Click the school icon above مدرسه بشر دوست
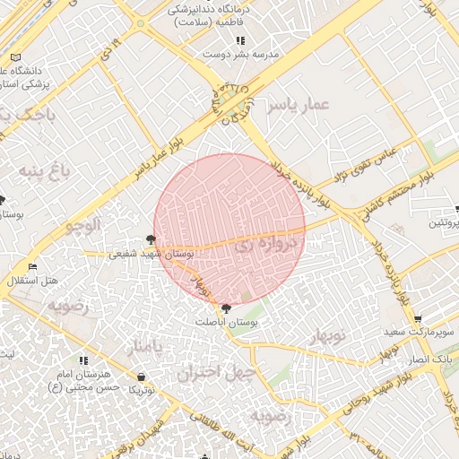239,40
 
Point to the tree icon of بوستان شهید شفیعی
150,240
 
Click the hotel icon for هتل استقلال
32,266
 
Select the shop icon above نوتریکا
142,377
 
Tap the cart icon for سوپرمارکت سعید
417,318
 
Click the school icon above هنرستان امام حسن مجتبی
83,359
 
